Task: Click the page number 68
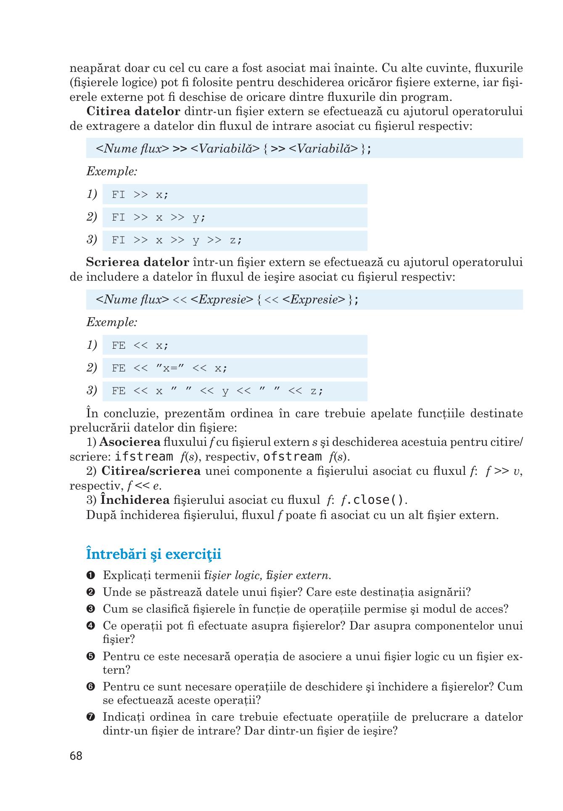click(x=76, y=756)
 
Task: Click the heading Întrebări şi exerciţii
click(x=153, y=554)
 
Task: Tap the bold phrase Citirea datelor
click(x=133, y=111)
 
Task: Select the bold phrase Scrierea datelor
click(x=137, y=262)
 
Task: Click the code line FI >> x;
click(x=140, y=195)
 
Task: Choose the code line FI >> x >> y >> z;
click(x=177, y=240)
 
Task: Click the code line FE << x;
click(x=140, y=345)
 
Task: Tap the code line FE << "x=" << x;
click(x=169, y=369)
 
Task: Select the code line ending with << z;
click(x=217, y=391)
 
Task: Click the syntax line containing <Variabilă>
click(x=234, y=148)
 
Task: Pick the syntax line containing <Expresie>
click(x=227, y=300)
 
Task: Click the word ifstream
click(x=144, y=457)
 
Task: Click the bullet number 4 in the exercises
click(x=90, y=626)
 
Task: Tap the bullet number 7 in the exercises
click(x=90, y=717)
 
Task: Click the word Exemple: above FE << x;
click(x=112, y=322)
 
